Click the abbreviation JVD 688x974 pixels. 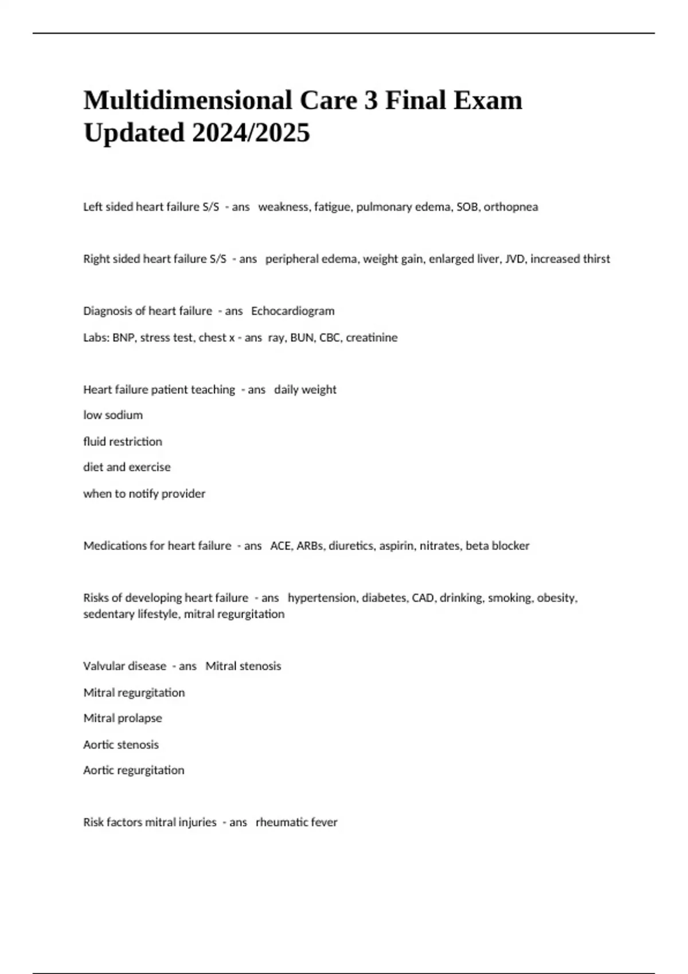(514, 259)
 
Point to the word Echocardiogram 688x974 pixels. (292, 311)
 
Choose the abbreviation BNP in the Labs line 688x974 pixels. (123, 337)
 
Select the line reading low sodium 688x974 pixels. (113, 415)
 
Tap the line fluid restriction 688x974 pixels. (123, 441)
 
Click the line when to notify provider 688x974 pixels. (144, 493)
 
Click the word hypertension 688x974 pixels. (322, 598)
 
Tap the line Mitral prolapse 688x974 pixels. (123, 718)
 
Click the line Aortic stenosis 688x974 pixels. (121, 744)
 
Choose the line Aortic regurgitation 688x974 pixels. (134, 770)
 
